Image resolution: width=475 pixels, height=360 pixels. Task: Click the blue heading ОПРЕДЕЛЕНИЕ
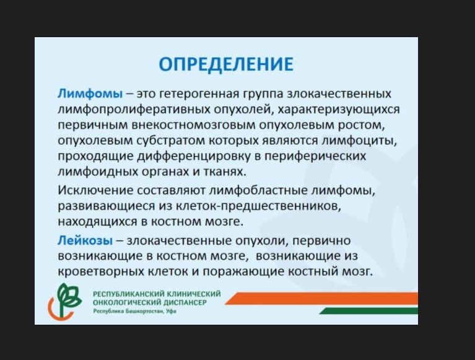click(x=226, y=64)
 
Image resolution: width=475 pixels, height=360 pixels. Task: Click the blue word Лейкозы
click(x=85, y=240)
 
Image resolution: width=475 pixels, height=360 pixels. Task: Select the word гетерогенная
click(x=199, y=94)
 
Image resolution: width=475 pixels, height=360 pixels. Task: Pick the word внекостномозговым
click(x=194, y=125)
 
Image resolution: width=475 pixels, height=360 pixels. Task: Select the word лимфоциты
click(x=359, y=141)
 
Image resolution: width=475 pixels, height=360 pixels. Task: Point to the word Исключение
click(x=95, y=191)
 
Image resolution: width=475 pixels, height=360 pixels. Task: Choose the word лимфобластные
click(x=258, y=191)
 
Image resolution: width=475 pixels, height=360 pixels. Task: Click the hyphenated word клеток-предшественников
click(x=258, y=206)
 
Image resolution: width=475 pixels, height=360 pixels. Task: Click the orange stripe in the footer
click(x=321, y=299)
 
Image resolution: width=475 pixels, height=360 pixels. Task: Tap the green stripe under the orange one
click(x=368, y=310)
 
